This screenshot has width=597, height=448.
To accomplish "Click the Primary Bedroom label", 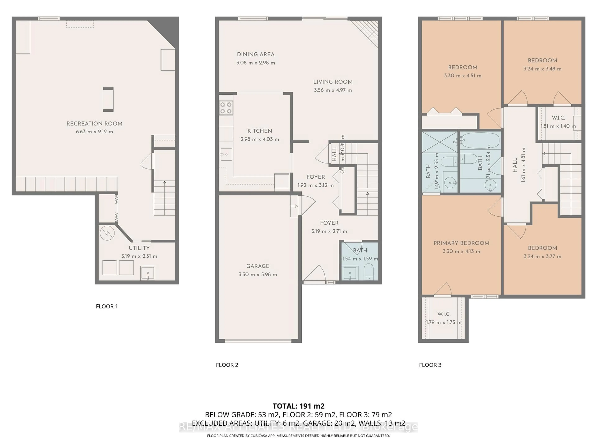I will pos(461,243).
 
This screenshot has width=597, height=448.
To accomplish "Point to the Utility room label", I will pos(139,248).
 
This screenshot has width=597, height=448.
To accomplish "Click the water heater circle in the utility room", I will pos(107,233).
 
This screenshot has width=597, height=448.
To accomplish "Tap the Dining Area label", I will pos(256,54).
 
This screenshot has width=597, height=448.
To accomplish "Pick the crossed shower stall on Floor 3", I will pos(439,142).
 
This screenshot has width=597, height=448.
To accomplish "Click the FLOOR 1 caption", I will pos(107,306).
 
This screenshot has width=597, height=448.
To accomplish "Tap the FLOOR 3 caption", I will pos(430,365).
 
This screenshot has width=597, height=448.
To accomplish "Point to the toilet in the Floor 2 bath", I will pos(368,271).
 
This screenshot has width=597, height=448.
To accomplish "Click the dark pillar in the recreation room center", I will pos(108,99).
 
